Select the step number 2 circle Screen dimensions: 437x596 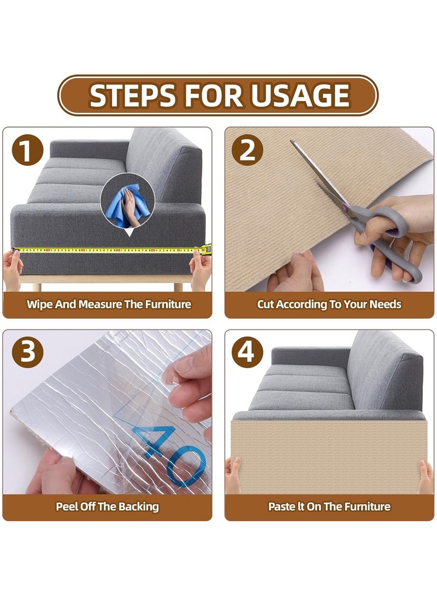(247, 150)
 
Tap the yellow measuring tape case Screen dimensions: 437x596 (206, 249)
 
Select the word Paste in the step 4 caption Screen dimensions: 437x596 (281, 506)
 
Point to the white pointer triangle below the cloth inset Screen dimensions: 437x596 (129, 232)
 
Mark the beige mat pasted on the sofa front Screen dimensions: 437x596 (329, 457)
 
